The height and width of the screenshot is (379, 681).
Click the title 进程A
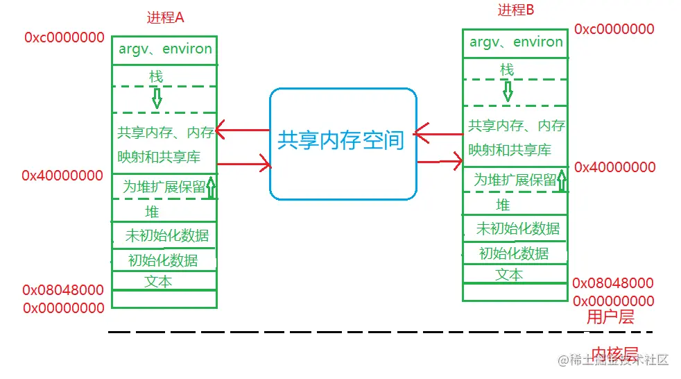pos(165,18)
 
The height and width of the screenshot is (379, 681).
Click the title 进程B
pos(516,10)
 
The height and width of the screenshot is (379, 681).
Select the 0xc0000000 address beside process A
pos(64,37)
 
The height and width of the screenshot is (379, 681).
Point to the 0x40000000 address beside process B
pos(614,167)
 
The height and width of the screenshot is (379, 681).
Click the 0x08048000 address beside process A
pos(63,290)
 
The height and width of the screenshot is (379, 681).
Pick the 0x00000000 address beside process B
pos(613,301)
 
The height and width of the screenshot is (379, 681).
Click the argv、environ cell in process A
pos(165,49)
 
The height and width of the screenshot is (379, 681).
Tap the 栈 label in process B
pos(508,69)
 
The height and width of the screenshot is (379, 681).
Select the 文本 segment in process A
pos(158,281)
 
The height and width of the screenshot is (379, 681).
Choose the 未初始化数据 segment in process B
pos(517,228)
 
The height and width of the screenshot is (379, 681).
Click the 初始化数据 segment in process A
pos(163,260)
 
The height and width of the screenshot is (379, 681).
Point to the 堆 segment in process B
pos(503,204)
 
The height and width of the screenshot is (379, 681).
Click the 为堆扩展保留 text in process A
pos(164,187)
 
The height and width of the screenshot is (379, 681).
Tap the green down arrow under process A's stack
pos(157,97)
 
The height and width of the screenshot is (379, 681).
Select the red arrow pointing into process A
pos(242,130)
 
